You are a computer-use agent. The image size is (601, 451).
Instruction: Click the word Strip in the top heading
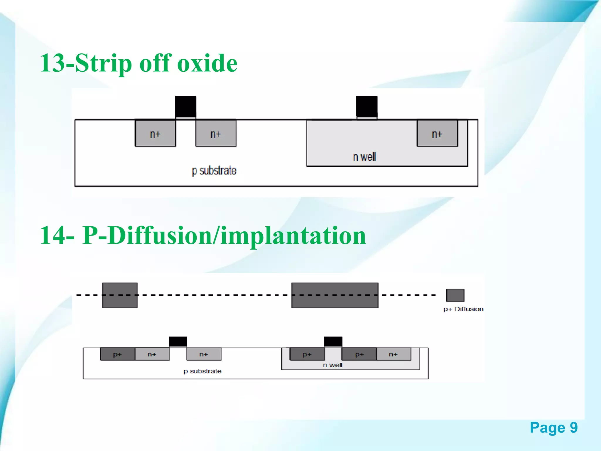tap(103, 63)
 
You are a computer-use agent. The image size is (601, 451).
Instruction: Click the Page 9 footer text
tap(553, 428)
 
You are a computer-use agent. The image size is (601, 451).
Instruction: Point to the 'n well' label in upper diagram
tap(364, 157)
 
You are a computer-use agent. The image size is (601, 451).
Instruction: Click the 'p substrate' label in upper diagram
tap(214, 171)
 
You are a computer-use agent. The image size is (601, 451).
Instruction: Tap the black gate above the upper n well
tap(366, 106)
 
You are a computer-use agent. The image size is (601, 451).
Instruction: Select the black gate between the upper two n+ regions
tap(185, 106)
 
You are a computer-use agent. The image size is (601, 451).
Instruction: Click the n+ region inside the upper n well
tap(437, 133)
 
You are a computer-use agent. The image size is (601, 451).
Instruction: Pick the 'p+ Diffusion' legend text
tap(463, 309)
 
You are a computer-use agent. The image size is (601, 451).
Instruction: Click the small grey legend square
tap(455, 295)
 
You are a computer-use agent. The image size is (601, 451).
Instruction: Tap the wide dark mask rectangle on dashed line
tap(335, 295)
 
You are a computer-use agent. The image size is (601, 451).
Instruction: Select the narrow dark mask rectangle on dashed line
tap(120, 295)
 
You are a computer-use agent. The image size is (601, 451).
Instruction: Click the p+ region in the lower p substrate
tap(117, 354)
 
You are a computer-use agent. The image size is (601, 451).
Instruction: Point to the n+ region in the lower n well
tap(394, 354)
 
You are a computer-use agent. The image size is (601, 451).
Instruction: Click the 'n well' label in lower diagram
tap(332, 365)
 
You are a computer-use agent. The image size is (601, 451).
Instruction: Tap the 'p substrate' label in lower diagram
tap(202, 371)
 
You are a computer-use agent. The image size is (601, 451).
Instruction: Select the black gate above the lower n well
tap(333, 341)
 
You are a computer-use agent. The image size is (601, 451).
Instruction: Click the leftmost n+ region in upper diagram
tap(155, 133)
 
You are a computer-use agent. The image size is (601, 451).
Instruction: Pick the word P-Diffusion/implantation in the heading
tap(224, 235)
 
